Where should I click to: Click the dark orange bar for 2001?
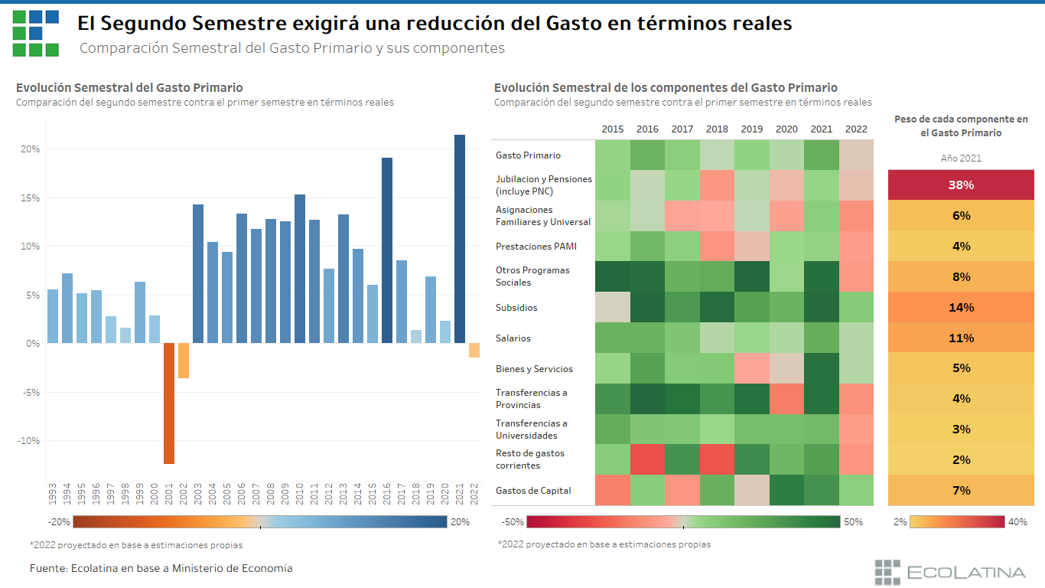pos(169,403)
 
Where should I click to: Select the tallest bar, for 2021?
pos(460,239)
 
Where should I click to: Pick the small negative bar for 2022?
pos(474,350)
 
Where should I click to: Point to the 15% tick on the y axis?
pos(31,198)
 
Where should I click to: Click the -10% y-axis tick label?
pos(28,441)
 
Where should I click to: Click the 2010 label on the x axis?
pos(300,493)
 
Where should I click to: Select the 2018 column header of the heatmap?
pos(717,129)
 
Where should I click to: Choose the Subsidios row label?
pos(516,308)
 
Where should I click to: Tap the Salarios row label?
pos(513,338)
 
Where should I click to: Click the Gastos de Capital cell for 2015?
pos(612,490)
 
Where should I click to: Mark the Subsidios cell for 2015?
pos(612,307)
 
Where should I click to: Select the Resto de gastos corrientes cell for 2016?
pos(647,459)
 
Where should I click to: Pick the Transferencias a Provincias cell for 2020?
pos(786,398)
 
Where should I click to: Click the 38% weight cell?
pos(961,185)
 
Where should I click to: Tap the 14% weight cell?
pos(961,307)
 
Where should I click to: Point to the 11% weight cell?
pos(961,338)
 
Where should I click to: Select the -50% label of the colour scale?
pos(513,522)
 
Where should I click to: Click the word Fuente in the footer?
pos(47,568)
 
